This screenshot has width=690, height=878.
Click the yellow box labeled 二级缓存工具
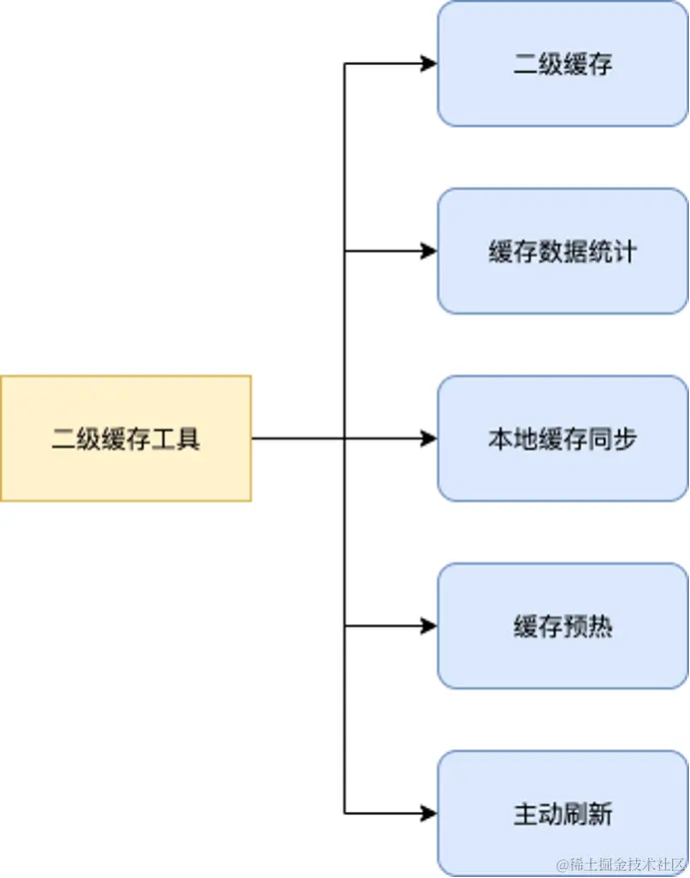[125, 438]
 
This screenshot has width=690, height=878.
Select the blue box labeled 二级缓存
[562, 64]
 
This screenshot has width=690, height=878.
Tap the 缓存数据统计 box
[562, 251]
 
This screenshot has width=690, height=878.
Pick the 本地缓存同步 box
[562, 439]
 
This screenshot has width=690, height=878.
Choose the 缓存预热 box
[562, 626]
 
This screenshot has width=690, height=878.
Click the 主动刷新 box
[562, 813]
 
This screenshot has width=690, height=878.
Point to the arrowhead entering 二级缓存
[429, 64]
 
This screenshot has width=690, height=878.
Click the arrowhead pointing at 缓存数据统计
[429, 251]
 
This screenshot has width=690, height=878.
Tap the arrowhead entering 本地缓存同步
[429, 439]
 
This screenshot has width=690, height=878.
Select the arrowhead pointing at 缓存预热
[429, 626]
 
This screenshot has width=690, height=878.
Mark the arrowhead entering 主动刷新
[429, 813]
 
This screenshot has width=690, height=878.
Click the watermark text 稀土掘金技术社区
[620, 862]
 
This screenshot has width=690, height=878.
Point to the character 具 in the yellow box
[188, 439]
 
